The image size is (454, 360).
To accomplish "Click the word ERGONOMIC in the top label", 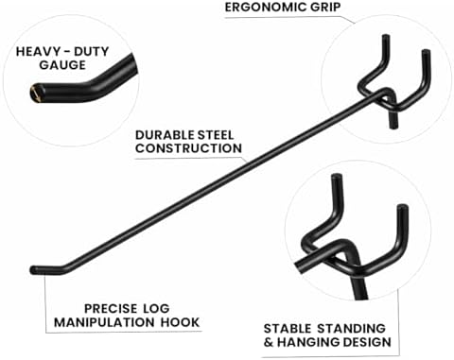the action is [265, 7].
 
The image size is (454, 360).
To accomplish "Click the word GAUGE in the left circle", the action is [62, 65].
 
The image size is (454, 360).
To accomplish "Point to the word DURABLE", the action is [165, 135].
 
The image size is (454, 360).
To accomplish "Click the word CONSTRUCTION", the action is [188, 148].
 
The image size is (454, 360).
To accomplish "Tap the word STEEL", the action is [216, 135].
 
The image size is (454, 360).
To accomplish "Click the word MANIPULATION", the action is [104, 322].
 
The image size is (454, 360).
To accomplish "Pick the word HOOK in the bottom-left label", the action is [180, 322].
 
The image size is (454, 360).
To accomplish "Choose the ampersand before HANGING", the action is [269, 342].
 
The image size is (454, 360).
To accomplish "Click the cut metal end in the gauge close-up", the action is [34, 93].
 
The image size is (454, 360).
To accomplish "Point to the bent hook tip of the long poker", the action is [33, 270].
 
